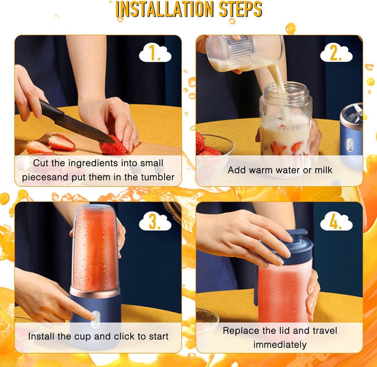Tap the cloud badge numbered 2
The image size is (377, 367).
336,53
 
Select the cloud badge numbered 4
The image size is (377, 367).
336,222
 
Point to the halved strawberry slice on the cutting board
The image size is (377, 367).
61,142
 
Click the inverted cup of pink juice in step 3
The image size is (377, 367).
95,246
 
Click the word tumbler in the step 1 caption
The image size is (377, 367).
155,177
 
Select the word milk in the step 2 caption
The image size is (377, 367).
321,170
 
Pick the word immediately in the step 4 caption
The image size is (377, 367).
279,344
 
